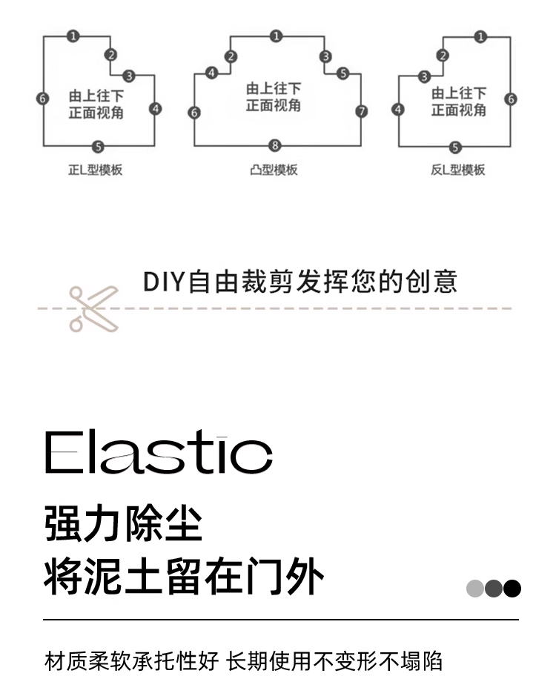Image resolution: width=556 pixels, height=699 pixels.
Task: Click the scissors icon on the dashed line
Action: coord(93,308)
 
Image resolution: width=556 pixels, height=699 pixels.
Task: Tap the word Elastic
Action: coord(159,454)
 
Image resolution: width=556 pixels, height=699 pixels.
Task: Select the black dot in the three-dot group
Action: coord(512,589)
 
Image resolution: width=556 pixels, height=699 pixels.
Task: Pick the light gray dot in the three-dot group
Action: coord(474,589)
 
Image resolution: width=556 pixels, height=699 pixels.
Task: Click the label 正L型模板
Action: coord(95,170)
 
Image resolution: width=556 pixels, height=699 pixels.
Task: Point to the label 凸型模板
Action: coord(274,170)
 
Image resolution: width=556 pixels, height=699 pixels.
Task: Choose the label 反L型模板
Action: coord(457,170)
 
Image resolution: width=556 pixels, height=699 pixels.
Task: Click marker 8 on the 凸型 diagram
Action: coord(275,145)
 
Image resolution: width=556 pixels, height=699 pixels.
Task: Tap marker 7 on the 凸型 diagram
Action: coord(361,112)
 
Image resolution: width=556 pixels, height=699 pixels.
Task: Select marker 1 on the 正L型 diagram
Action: coord(74,36)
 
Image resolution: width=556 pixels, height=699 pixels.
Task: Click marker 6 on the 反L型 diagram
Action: coord(511,99)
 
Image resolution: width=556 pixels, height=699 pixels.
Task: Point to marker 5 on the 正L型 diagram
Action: coord(98,146)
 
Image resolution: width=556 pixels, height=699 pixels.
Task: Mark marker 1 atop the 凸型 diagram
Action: coord(276,36)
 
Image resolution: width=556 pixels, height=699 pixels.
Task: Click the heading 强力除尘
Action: coord(123,524)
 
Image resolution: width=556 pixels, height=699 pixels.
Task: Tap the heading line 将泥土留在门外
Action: coord(184,577)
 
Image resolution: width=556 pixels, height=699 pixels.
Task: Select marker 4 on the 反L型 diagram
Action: coord(399,110)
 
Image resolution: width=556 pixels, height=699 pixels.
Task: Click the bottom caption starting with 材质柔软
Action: coord(244,660)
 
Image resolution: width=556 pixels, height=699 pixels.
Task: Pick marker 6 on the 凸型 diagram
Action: coord(194,113)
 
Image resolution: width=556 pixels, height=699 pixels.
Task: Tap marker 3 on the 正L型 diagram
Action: coord(129,76)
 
